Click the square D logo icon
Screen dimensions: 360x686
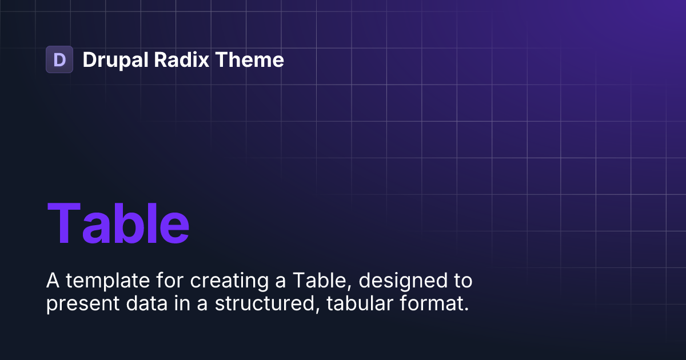(x=59, y=59)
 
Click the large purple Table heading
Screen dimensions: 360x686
(x=118, y=223)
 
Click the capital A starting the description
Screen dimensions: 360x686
(x=53, y=281)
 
